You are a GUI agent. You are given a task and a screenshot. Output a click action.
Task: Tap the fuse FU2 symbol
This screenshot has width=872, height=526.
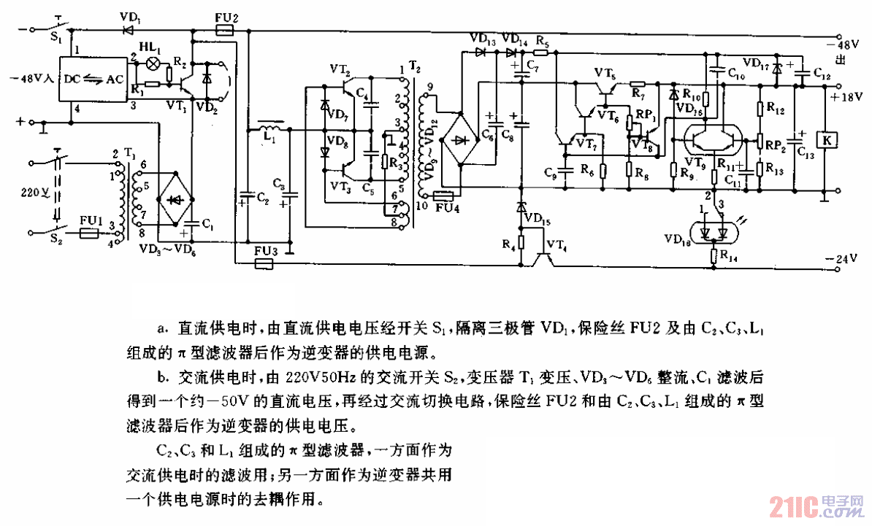(226, 31)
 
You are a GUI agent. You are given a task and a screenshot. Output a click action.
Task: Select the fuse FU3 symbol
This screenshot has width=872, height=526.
(264, 263)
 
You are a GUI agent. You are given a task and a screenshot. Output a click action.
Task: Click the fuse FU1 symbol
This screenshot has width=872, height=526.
(89, 234)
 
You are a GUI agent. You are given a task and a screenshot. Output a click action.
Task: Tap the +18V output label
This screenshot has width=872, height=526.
(847, 96)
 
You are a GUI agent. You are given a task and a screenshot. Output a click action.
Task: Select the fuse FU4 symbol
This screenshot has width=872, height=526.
(445, 196)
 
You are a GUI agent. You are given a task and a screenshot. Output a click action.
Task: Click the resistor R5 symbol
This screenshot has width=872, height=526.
(542, 53)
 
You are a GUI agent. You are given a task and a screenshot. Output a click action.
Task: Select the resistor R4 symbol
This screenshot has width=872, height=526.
(521, 241)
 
